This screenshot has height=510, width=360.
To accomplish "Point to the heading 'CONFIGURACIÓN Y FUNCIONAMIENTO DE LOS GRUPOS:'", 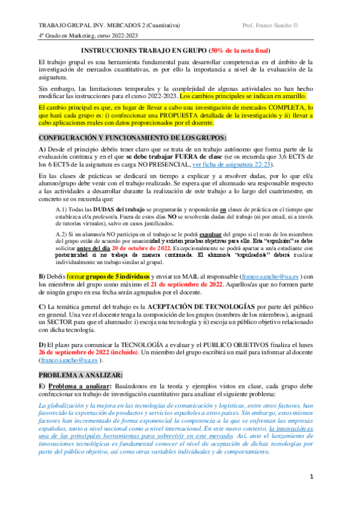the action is pyautogui.click(x=132, y=138).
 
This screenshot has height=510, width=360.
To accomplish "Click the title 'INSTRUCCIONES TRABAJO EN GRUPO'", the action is pyautogui.click(x=142, y=51).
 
